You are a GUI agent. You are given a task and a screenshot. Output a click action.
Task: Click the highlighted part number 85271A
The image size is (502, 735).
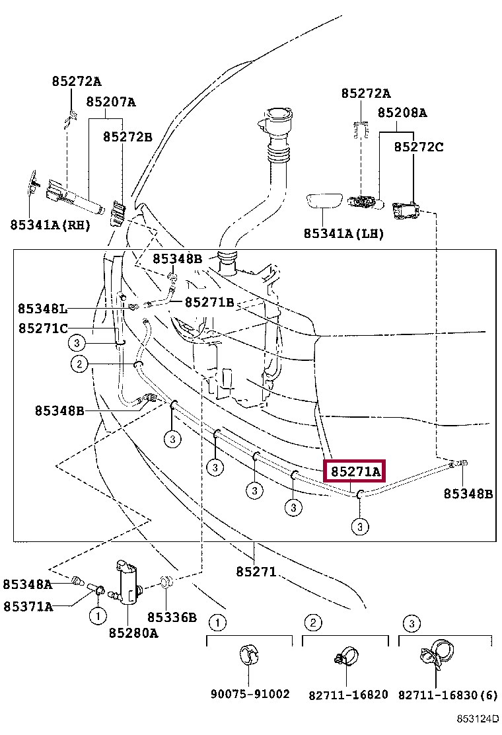click(355, 472)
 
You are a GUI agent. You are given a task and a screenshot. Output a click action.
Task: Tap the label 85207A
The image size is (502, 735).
click(110, 102)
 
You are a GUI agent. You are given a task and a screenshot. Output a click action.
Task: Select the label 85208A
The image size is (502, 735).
click(402, 113)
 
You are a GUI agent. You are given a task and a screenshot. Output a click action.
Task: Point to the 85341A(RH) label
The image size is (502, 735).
click(50, 225)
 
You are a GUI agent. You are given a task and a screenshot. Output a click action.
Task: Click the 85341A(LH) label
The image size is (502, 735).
click(343, 233)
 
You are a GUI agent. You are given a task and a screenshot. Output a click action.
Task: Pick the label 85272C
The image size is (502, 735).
click(419, 147)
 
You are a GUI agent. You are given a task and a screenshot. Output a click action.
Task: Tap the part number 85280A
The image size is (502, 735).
click(133, 633)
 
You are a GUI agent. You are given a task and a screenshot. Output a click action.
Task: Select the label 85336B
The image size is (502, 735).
click(172, 617)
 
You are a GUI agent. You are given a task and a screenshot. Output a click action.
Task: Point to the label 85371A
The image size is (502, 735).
click(28, 605)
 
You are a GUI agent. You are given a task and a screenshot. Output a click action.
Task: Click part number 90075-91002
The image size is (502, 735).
click(250, 694)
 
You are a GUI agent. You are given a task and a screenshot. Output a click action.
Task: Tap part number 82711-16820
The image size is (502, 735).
click(348, 695)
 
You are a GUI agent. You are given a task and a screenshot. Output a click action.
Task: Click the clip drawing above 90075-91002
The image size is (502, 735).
click(248, 654)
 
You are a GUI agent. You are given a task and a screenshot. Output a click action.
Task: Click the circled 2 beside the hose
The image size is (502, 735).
click(79, 364)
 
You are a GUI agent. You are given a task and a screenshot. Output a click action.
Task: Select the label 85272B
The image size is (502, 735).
click(127, 137)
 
